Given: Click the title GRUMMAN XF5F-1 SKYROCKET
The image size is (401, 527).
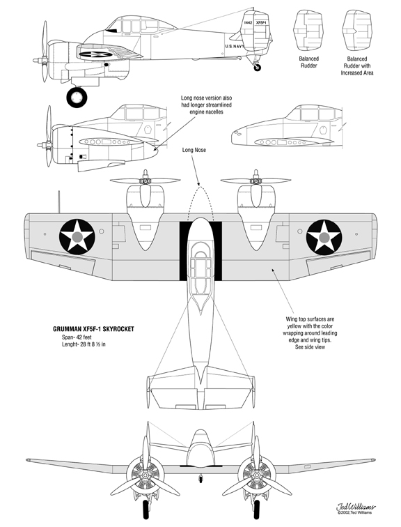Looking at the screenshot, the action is click(x=93, y=329).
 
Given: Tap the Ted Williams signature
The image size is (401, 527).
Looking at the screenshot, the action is click(x=356, y=507).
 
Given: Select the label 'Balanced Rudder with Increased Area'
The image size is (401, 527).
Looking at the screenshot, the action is click(x=357, y=66).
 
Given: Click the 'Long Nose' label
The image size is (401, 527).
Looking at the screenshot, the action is click(x=194, y=150).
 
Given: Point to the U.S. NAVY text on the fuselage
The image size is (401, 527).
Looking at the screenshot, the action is click(x=235, y=47).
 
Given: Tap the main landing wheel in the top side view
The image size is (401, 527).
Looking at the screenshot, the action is click(x=77, y=97).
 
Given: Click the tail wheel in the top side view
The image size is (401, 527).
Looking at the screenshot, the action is click(x=257, y=68).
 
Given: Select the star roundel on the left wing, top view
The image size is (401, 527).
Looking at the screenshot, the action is click(x=77, y=236).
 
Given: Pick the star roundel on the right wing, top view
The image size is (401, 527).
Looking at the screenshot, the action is click(x=324, y=237).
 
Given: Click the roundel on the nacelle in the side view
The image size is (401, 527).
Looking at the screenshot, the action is click(x=95, y=54).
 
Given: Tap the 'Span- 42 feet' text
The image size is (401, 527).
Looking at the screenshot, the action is click(x=77, y=337).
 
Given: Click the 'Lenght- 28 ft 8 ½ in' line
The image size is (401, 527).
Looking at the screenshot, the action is click(x=84, y=344).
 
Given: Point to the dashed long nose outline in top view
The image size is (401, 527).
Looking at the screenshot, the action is click(x=200, y=187).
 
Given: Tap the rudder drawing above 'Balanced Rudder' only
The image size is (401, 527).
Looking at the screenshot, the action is click(x=308, y=29).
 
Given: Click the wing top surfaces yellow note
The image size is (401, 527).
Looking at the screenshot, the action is click(x=310, y=333).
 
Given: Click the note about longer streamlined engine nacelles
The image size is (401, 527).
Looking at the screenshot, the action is click(x=206, y=105).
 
